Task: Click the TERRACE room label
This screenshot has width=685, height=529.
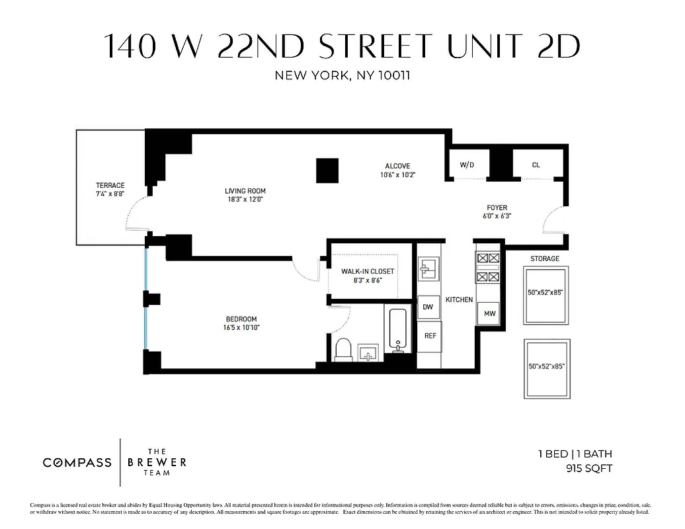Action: [x=110, y=185]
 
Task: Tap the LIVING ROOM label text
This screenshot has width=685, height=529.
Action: [x=245, y=191]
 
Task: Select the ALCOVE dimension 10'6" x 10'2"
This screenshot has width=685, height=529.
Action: [x=397, y=175]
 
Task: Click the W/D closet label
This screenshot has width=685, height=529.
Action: [x=467, y=165]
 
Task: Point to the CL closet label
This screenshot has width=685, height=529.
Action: [x=536, y=165]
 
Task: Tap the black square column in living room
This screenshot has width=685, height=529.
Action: [x=327, y=171]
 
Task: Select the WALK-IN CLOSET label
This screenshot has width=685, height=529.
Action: [x=367, y=271]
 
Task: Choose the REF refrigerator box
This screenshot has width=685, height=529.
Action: [x=430, y=336]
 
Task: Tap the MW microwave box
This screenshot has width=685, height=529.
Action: [x=489, y=313]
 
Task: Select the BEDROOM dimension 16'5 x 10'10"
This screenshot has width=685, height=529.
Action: [x=241, y=327]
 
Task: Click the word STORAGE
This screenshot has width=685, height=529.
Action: [x=544, y=259]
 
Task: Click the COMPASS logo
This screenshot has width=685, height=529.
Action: [x=77, y=462]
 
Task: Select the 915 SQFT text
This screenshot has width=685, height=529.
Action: [x=588, y=468]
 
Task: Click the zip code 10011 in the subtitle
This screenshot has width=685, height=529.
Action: [x=393, y=75]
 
